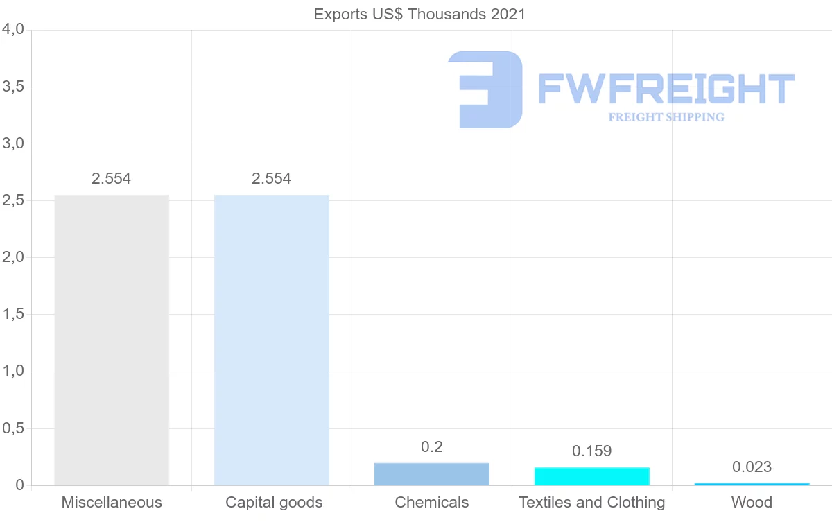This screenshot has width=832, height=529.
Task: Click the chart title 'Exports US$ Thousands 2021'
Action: [419, 14]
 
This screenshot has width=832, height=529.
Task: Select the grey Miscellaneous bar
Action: [112, 340]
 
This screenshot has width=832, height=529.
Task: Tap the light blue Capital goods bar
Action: [272, 340]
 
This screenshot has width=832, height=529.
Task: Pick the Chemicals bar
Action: [432, 474]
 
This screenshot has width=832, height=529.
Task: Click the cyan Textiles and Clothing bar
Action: [591, 476]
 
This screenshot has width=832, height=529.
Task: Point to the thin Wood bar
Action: [752, 484]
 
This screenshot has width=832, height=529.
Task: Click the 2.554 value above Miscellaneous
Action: [112, 179]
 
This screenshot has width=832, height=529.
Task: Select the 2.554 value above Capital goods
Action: [272, 179]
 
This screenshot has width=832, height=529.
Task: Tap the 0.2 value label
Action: [432, 447]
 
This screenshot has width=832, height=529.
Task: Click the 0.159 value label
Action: [591, 451]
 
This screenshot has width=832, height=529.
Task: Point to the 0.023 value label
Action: [752, 467]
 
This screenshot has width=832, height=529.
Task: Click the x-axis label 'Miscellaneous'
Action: [112, 503]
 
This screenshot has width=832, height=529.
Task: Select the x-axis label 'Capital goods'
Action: [274, 503]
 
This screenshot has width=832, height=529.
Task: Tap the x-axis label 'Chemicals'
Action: [432, 503]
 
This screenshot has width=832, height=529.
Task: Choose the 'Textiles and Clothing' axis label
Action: [591, 503]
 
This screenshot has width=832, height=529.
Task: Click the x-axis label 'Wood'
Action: [752, 503]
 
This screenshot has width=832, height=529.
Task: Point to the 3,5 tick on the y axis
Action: [13, 87]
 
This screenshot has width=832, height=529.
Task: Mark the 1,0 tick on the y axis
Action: [13, 372]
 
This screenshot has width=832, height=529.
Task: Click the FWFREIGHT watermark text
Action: [666, 89]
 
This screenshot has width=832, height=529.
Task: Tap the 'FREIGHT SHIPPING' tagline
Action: [666, 117]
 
